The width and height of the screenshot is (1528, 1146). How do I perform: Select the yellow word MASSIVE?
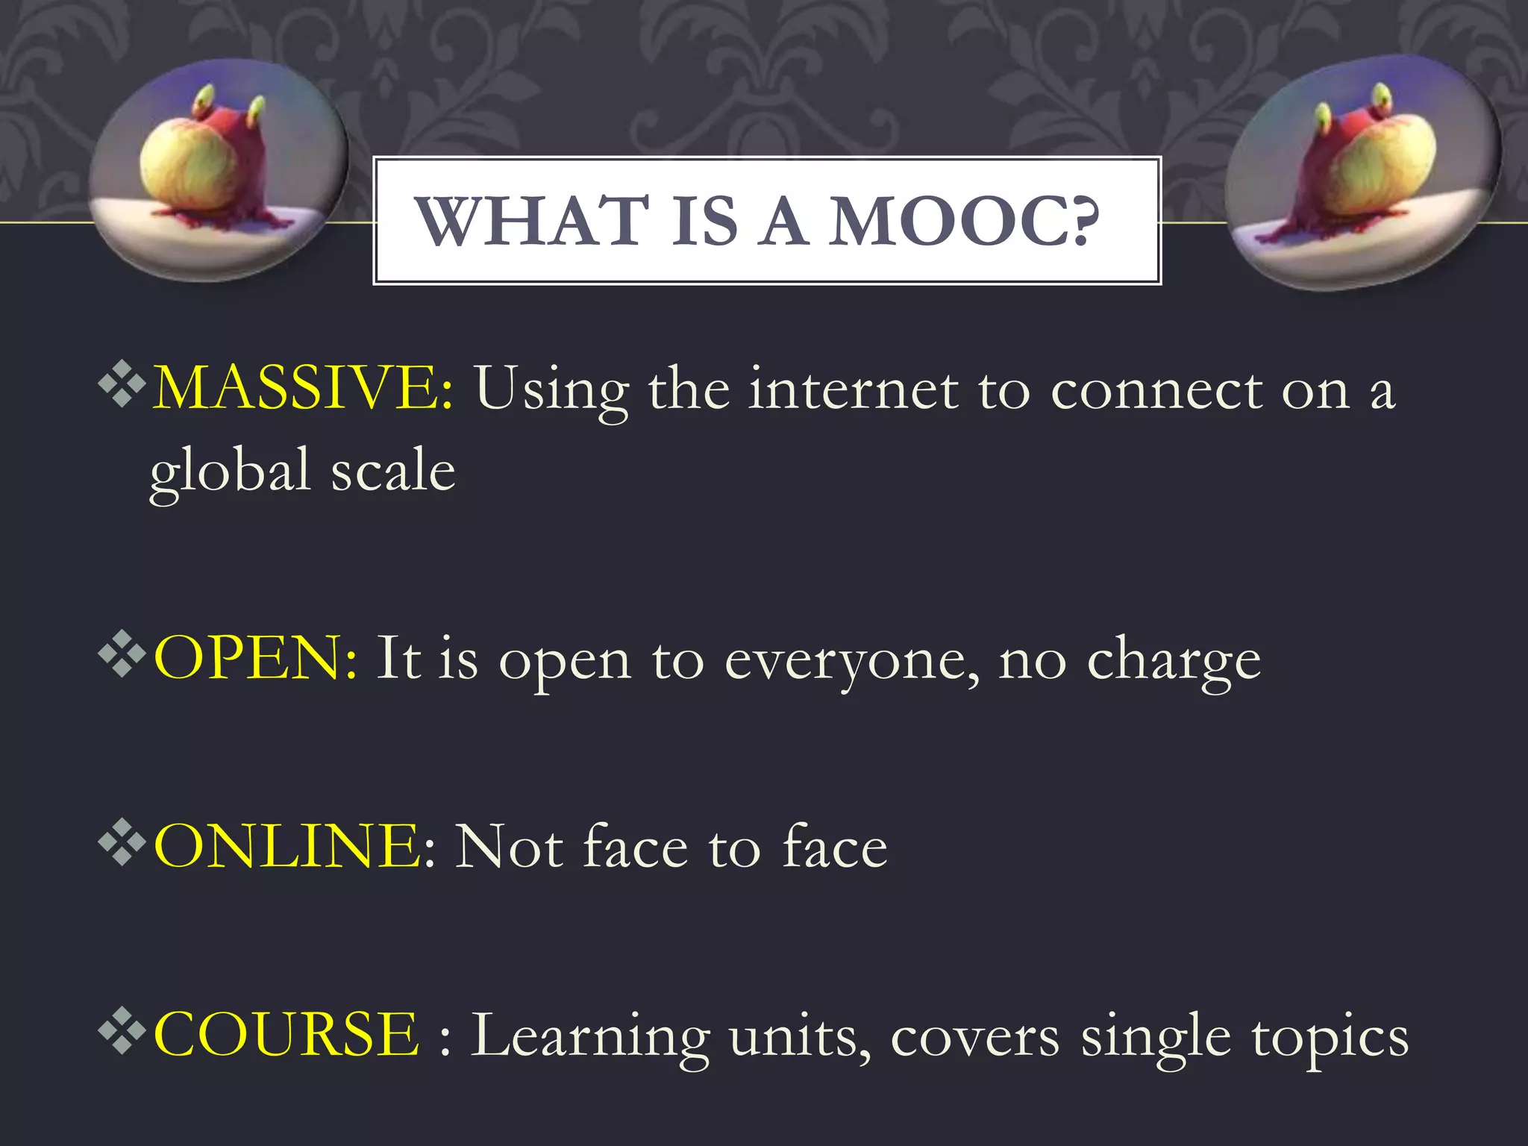302,388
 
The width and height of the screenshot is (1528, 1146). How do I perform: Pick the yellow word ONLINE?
287,846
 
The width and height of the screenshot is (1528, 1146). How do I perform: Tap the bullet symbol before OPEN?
122,655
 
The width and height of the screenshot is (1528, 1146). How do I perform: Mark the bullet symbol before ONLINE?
122,843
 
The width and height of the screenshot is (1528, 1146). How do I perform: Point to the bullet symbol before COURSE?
122,1031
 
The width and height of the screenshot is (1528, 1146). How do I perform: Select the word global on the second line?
230,472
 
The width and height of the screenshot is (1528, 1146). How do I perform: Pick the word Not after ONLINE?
509,848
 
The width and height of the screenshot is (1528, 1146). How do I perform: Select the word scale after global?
392,472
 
